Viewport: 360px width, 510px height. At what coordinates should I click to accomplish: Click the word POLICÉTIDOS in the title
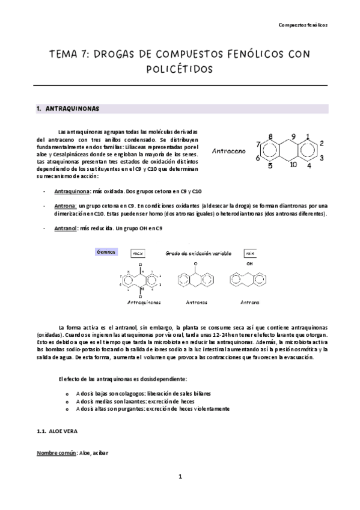180,70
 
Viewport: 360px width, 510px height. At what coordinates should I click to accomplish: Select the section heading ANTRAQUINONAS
74,109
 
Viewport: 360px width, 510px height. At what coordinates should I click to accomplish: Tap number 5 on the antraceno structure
270,165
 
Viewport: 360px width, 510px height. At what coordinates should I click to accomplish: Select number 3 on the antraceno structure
322,158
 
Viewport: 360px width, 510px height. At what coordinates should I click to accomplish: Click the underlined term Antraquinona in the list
71,191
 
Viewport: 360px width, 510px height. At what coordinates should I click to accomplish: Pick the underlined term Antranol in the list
66,229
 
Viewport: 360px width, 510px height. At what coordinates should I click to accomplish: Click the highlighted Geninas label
106,252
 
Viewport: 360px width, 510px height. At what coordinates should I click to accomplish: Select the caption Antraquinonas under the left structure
144,303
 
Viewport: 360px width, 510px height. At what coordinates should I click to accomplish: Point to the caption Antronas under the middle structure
195,303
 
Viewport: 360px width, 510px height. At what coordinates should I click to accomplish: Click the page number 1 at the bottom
180,478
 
